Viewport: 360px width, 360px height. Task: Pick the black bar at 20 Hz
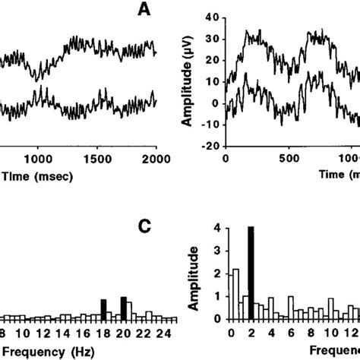tap(123, 308)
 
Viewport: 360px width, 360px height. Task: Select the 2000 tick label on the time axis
tap(155, 159)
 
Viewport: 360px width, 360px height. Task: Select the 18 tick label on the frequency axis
tap(103, 333)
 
